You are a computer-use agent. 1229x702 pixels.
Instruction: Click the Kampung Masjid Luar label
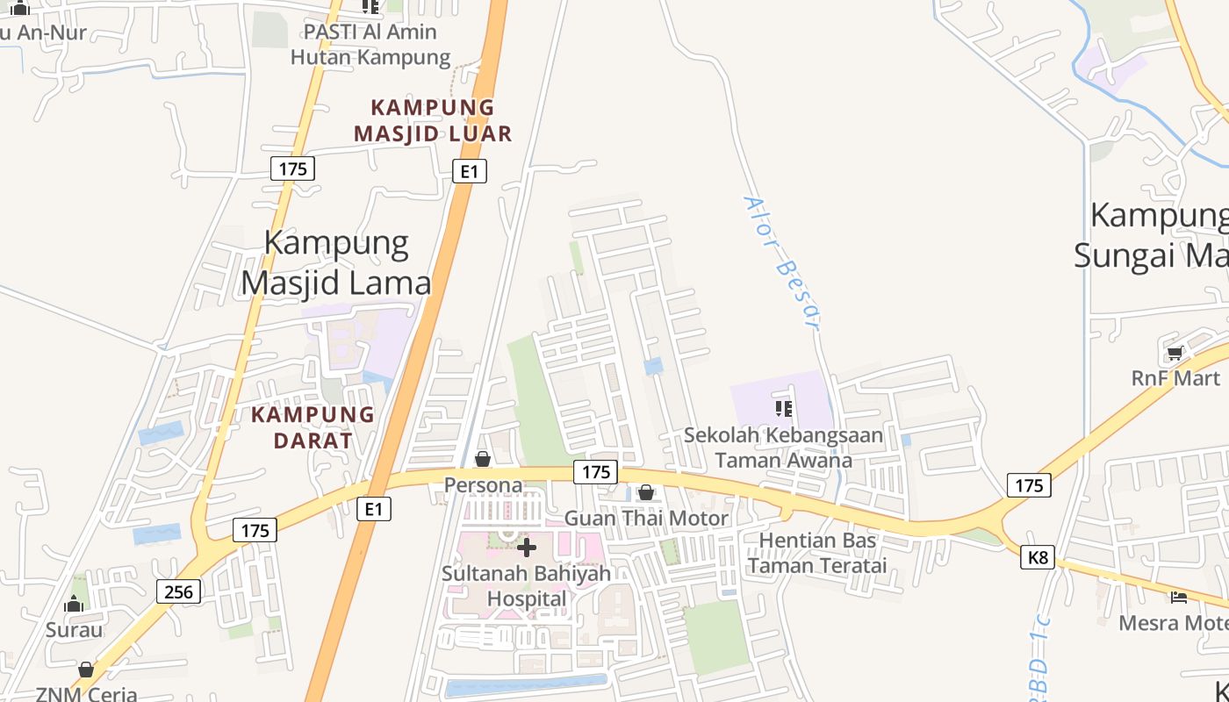point(432,120)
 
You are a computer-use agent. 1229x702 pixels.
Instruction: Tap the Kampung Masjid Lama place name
point(336,262)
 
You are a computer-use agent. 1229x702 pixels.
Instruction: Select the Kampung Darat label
point(313,426)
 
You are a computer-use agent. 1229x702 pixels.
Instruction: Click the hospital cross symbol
point(527,548)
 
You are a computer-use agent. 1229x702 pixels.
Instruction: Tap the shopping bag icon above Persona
point(482,459)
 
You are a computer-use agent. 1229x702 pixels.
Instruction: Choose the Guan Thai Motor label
point(646,518)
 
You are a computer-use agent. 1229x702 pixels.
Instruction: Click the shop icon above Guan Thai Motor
point(646,492)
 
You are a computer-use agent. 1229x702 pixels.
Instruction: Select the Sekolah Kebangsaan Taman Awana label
point(783,448)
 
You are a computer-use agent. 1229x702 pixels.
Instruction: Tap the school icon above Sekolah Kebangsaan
point(784,408)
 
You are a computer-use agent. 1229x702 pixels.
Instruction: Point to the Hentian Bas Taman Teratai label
point(817,552)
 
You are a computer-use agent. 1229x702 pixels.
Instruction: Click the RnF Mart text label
point(1175,378)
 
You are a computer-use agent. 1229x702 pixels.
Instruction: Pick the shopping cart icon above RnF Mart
point(1175,354)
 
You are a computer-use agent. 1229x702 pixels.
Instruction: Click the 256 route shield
point(178,591)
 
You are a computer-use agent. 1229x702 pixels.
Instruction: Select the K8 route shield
point(1037,557)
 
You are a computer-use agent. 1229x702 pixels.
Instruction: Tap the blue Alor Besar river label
point(782,261)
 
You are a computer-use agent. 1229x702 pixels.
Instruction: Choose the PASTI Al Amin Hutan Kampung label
point(370,45)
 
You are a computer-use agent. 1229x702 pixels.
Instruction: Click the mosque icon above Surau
point(75,604)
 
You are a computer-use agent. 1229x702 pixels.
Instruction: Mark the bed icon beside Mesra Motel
point(1179,598)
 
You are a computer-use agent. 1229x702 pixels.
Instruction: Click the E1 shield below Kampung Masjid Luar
point(470,171)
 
